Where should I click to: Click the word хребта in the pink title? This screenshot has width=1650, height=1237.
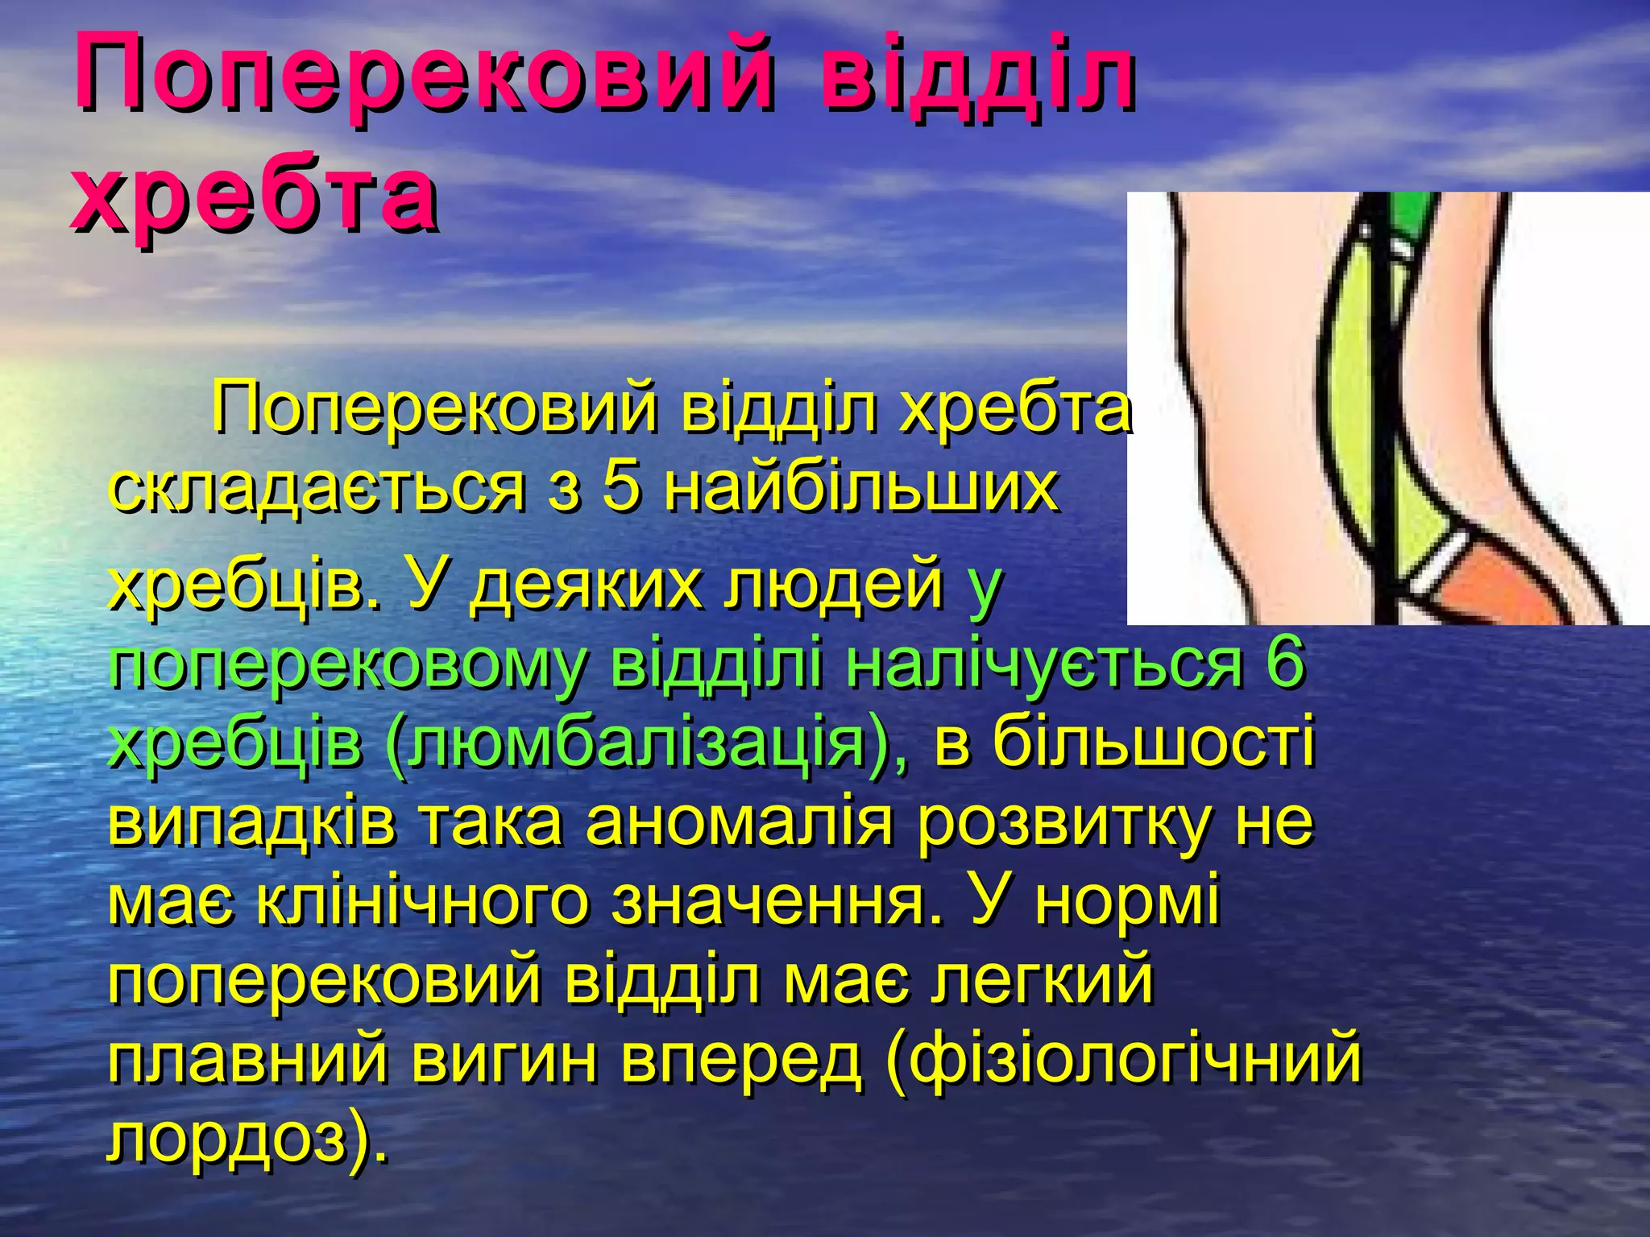tap(255, 197)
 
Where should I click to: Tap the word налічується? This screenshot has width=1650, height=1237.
tap(1043, 663)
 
